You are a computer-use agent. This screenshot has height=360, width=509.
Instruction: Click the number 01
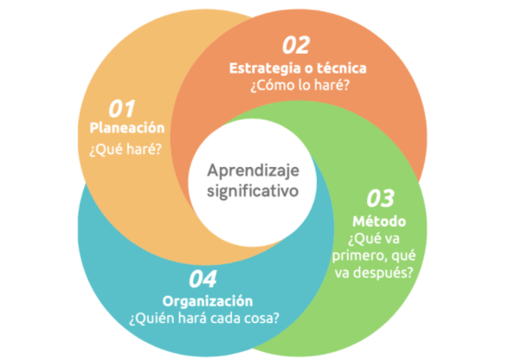click(x=122, y=109)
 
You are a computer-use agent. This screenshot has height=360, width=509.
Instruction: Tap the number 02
click(x=296, y=45)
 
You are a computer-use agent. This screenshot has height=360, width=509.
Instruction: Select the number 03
click(x=381, y=198)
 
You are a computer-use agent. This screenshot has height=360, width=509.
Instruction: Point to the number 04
click(x=203, y=279)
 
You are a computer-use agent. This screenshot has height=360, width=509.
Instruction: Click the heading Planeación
click(x=127, y=128)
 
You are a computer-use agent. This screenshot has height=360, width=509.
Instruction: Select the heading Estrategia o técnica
click(x=298, y=68)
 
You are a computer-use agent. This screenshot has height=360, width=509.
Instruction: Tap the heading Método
click(x=379, y=221)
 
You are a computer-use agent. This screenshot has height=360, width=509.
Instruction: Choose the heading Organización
click(x=208, y=301)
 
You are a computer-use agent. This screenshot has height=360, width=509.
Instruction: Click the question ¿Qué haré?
click(x=126, y=150)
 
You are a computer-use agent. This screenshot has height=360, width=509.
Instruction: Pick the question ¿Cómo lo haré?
click(x=300, y=85)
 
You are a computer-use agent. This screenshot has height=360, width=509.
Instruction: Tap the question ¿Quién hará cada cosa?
click(x=204, y=318)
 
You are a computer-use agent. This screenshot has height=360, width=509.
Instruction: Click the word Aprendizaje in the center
click(x=253, y=171)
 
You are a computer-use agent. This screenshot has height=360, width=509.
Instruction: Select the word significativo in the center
click(x=253, y=191)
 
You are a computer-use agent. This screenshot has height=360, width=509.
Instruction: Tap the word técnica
click(x=341, y=68)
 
